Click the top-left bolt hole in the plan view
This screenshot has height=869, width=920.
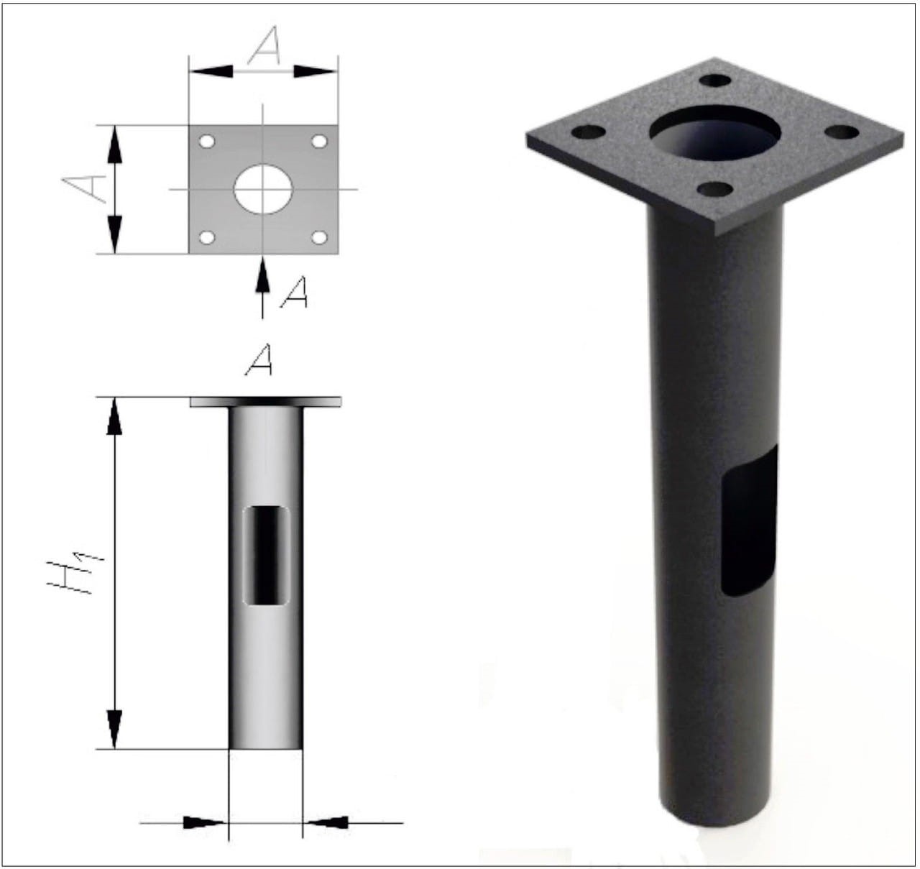click(x=206, y=142)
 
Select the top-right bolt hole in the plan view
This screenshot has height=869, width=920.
click(x=319, y=142)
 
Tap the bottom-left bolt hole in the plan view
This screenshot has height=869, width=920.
click(x=206, y=238)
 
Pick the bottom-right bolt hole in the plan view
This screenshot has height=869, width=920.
click(x=319, y=238)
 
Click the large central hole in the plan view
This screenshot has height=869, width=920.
click(x=263, y=189)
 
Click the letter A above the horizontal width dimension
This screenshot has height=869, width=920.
click(x=264, y=45)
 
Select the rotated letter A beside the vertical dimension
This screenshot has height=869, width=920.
click(x=85, y=188)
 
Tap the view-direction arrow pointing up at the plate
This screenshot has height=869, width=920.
click(x=262, y=288)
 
